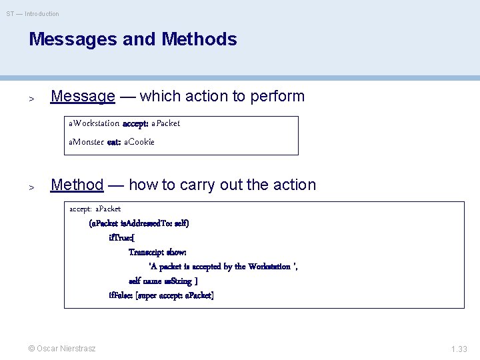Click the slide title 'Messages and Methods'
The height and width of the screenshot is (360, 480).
133,39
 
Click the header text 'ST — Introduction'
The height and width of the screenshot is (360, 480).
33,13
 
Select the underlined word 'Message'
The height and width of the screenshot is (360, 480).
83,96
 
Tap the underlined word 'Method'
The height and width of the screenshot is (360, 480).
77,185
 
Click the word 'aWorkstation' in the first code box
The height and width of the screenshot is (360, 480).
94,123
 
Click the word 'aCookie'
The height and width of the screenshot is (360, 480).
139,141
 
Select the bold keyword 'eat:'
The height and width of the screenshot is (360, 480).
114,141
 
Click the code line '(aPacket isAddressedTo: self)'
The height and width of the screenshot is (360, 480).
139,223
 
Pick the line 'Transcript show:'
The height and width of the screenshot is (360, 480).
157,253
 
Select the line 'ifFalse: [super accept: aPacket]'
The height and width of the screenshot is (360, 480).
161,295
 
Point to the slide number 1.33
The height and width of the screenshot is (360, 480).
459,349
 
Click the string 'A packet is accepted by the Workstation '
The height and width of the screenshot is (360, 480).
223,267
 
